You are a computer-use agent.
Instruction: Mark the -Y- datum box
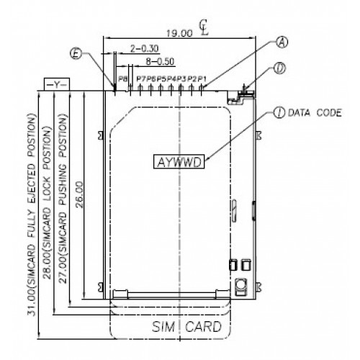[x=55, y=84]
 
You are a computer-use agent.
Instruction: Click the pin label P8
[x=123, y=78]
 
